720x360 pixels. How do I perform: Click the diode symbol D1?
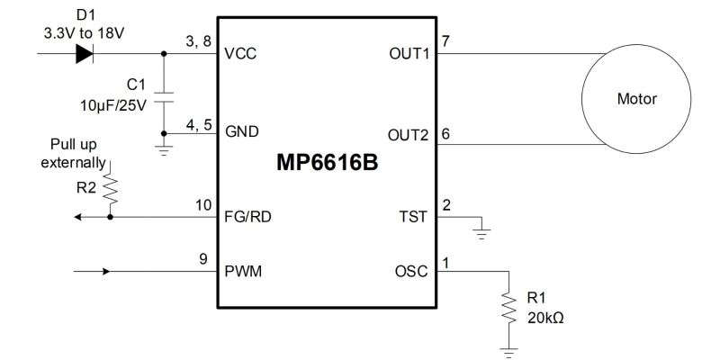pyautogui.click(x=85, y=53)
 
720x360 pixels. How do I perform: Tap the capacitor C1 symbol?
pyautogui.click(x=164, y=97)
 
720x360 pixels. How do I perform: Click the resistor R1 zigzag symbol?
pyautogui.click(x=508, y=308)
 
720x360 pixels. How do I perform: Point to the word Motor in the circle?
pyautogui.click(x=636, y=99)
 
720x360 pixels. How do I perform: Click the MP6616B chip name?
pyautogui.click(x=327, y=163)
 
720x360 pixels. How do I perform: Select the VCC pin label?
pyautogui.click(x=240, y=54)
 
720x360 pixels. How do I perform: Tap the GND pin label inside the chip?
pyautogui.click(x=242, y=132)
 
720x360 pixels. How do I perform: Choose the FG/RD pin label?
pyautogui.click(x=248, y=216)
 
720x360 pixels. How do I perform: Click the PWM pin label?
pyautogui.click(x=243, y=272)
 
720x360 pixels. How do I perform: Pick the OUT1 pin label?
pyautogui.click(x=409, y=54)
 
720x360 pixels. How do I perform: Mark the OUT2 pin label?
pyautogui.click(x=408, y=136)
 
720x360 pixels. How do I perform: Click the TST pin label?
pyautogui.click(x=413, y=216)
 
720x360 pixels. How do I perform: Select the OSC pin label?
pyautogui.click(x=411, y=272)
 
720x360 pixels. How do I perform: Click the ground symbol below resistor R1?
pyautogui.click(x=508, y=353)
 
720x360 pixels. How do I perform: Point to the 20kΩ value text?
pyautogui.click(x=545, y=318)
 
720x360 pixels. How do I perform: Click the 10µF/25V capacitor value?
pyautogui.click(x=113, y=105)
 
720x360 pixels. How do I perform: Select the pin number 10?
pyautogui.click(x=203, y=205)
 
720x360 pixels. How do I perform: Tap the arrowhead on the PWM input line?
pyautogui.click(x=106, y=272)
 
